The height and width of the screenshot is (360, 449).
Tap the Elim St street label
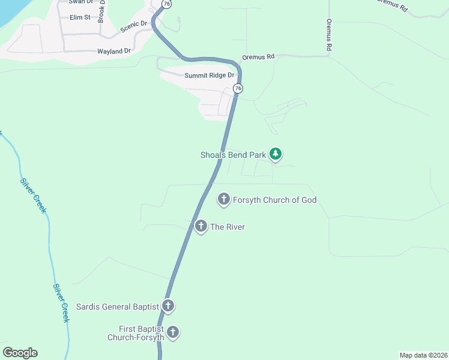[80, 17]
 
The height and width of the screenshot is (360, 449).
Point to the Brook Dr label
[101, 11]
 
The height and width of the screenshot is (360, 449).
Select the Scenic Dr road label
[133, 25]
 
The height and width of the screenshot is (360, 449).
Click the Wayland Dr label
[114, 52]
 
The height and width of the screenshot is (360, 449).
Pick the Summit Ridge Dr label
[208, 76]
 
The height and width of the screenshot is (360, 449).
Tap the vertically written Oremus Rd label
[329, 34]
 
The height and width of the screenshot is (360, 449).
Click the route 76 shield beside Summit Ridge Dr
[238, 88]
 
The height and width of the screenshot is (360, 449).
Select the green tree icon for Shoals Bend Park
[276, 155]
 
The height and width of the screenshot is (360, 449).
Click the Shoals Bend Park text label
[233, 155]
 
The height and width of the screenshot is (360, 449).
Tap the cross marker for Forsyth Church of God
[224, 200]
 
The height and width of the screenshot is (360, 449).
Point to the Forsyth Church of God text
[274, 200]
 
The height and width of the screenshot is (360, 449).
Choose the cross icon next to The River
[200, 227]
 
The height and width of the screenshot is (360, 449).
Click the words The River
[228, 227]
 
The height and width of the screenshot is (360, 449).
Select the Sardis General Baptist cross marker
[168, 307]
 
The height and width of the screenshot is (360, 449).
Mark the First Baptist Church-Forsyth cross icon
[173, 332]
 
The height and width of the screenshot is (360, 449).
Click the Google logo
[20, 353]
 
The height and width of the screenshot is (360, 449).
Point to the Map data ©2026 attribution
[423, 355]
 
